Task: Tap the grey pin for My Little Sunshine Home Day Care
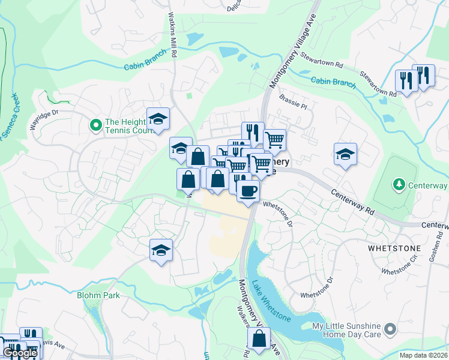(x=390, y=329)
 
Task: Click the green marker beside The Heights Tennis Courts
(x=95, y=125)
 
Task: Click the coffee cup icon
(x=247, y=191)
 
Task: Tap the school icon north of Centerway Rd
(x=345, y=154)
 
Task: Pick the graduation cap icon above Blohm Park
(x=161, y=250)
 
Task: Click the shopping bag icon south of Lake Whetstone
(x=259, y=339)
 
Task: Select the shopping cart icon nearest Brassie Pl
(x=274, y=140)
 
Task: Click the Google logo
(x=20, y=353)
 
